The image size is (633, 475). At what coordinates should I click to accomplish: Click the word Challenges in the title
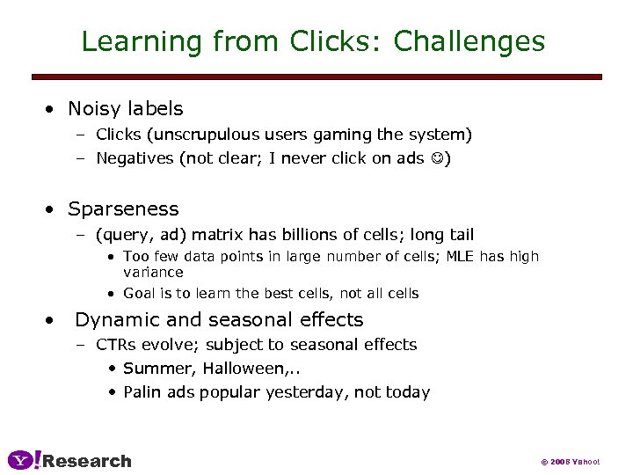coord(469,41)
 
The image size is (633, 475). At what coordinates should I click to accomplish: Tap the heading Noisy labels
coord(126,109)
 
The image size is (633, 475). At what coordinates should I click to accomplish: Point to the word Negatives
coord(134,159)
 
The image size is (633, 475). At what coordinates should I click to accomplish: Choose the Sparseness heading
coord(123,209)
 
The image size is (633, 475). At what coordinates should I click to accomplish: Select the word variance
coord(153,273)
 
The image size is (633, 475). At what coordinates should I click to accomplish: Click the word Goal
coord(139,294)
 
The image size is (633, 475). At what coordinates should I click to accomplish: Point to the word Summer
coord(151,369)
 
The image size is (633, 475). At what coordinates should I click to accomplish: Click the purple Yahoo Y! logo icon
coord(24,460)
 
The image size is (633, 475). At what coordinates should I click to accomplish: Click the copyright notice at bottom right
coord(570,462)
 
